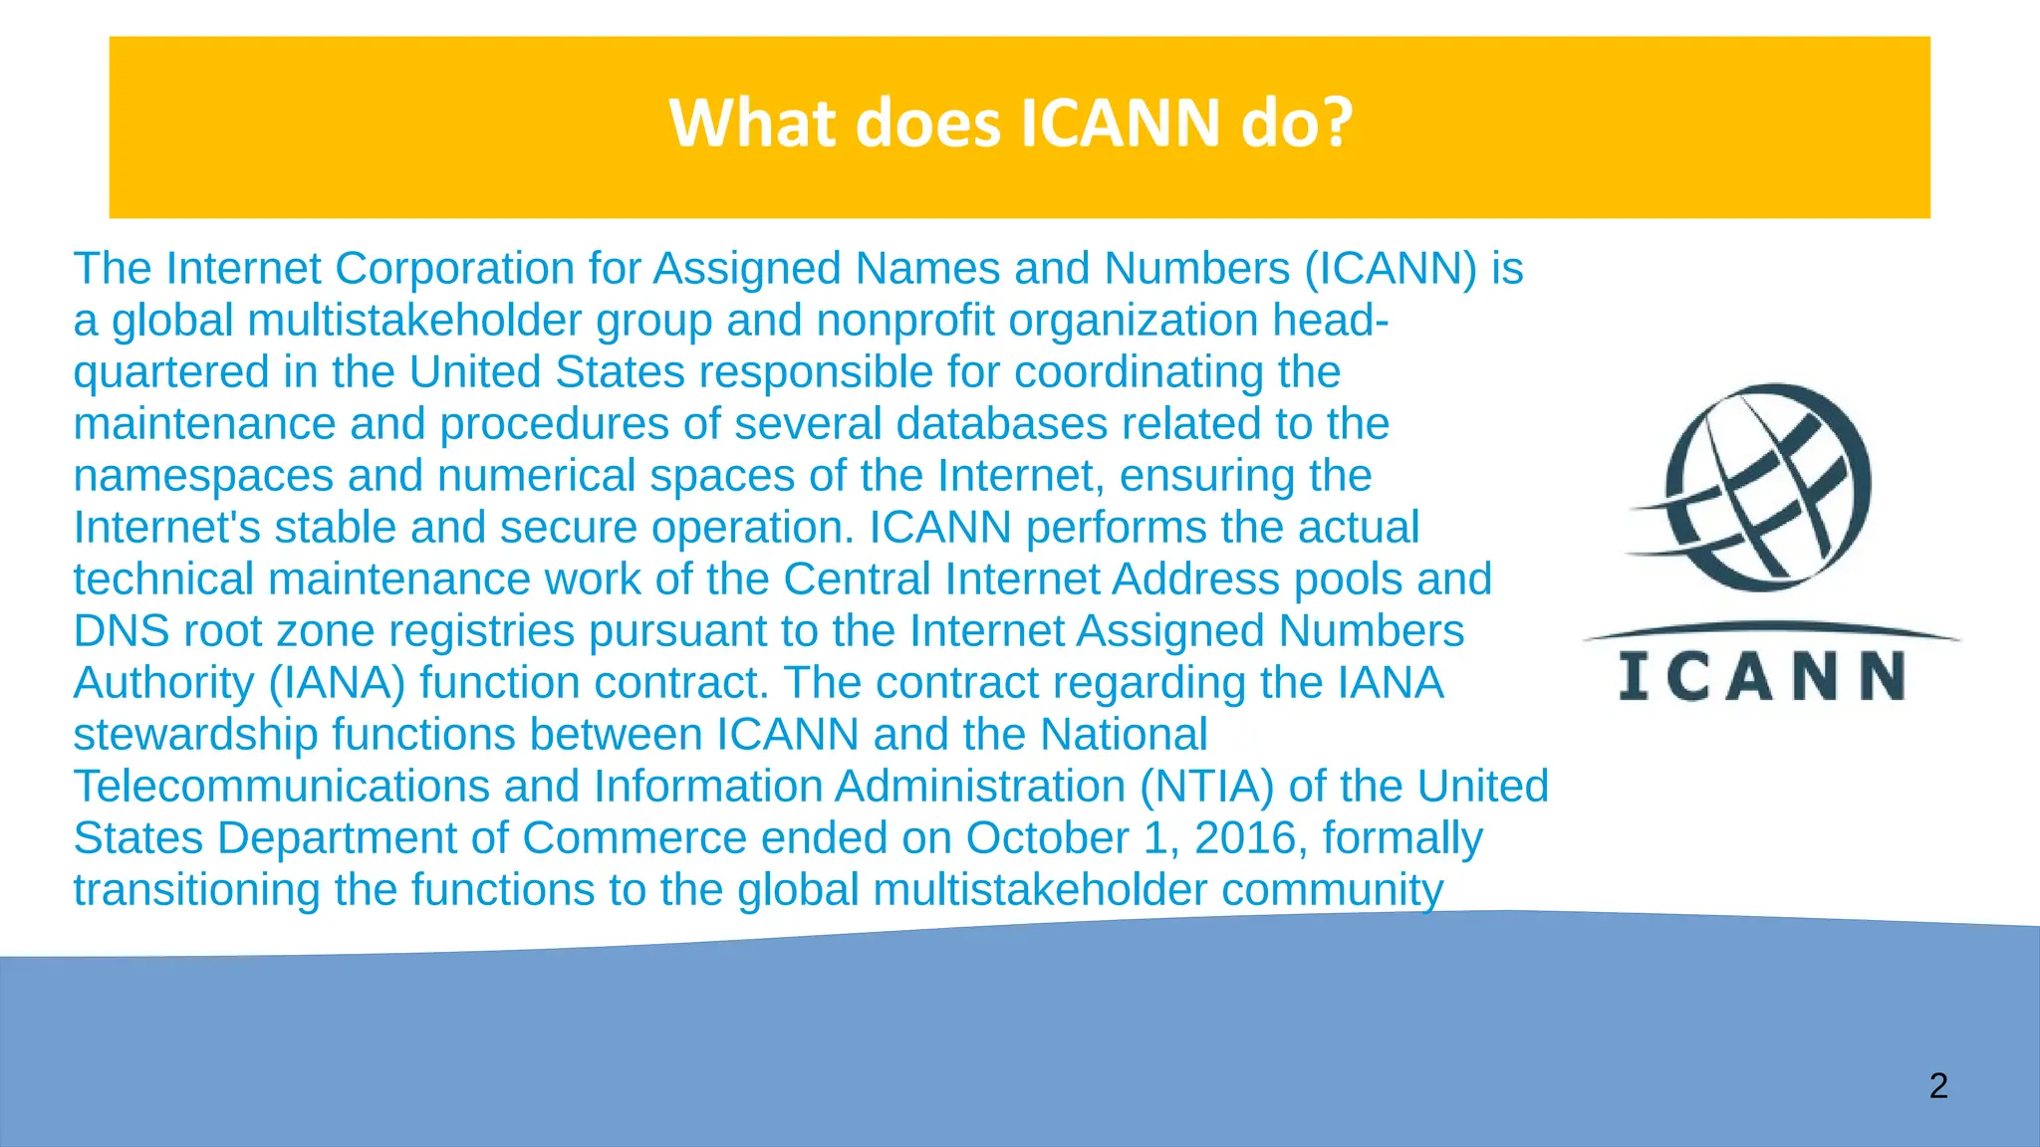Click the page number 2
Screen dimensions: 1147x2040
(1937, 1085)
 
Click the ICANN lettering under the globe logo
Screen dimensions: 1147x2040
(1762, 677)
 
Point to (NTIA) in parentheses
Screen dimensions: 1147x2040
(1207, 787)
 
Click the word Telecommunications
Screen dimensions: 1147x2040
(281, 787)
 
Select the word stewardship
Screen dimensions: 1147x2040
(195, 735)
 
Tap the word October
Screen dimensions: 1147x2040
(1047, 838)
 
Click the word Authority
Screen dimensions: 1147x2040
(163, 683)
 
